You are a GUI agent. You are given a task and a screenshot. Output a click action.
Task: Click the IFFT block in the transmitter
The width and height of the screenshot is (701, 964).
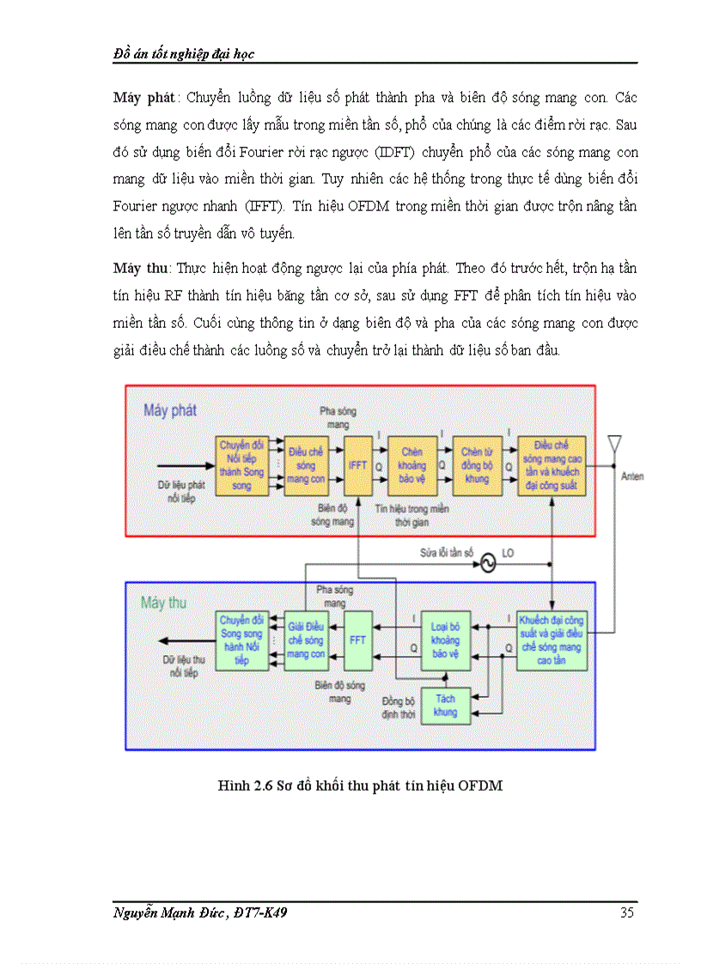(x=357, y=465)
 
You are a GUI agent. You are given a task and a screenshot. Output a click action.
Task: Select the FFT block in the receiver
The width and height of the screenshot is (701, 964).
(x=357, y=640)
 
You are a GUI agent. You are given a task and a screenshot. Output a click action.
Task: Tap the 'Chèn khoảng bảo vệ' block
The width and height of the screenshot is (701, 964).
(x=412, y=465)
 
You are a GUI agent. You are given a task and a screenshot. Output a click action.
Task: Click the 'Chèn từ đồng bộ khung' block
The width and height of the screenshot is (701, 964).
(x=478, y=465)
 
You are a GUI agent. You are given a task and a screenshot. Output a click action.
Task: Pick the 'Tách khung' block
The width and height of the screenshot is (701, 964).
(x=445, y=706)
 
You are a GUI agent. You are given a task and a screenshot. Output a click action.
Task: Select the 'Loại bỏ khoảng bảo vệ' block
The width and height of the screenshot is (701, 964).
(x=445, y=640)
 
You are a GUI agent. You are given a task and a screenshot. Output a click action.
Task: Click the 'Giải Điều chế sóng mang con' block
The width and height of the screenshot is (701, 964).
(x=305, y=640)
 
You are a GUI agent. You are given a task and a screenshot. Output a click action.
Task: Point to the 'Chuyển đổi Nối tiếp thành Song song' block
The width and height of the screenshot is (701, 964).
(x=241, y=465)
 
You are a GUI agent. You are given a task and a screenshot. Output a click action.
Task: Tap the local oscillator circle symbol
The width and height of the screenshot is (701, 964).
(x=485, y=563)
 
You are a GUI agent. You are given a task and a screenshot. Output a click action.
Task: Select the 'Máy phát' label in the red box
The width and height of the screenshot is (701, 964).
(x=170, y=410)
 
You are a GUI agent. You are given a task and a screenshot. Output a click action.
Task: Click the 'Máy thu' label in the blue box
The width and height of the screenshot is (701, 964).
(x=163, y=603)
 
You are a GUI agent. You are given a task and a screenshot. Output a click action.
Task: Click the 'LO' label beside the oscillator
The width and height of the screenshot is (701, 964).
(x=508, y=554)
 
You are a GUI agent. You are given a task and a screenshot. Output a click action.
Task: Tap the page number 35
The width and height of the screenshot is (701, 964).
(x=626, y=912)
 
